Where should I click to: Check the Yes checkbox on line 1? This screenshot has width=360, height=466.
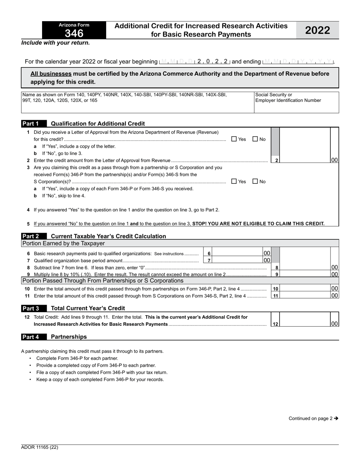tap(234, 139)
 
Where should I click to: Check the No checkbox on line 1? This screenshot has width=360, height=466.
tap(255, 139)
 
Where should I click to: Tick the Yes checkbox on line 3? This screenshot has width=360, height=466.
tap(234, 181)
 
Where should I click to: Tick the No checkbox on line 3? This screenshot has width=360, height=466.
tap(255, 181)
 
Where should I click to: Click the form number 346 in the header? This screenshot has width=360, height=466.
tap(74, 33)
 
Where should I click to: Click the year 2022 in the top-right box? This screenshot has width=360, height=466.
tap(318, 30)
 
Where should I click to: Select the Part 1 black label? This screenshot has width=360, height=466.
tap(31, 124)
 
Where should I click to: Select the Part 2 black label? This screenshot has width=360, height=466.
tap(31, 236)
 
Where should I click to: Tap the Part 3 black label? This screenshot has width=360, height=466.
tap(31, 308)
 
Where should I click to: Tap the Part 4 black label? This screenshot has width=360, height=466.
tap(31, 336)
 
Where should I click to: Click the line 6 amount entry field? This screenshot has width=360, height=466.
tap(237, 253)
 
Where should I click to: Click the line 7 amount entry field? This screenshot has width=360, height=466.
tap(237, 260)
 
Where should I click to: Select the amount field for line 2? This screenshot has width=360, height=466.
tap(305, 160)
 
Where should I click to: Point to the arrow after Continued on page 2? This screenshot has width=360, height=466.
tap(336, 419)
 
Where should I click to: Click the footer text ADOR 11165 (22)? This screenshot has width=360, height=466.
tap(40, 447)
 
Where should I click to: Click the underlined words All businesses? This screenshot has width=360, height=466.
tap(51, 74)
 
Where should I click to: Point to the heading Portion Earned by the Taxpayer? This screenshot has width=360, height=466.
tap(63, 243)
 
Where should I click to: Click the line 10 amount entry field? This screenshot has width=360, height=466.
tap(305, 289)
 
